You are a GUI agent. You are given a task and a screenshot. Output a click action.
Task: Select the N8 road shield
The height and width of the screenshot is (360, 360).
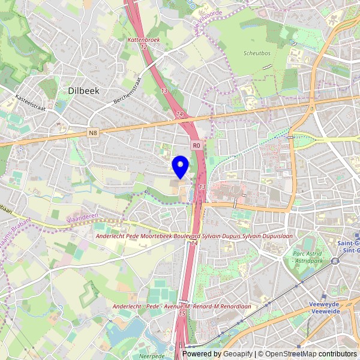click(92, 133)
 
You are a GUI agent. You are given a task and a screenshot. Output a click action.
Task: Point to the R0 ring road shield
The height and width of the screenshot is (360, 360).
click(196, 145)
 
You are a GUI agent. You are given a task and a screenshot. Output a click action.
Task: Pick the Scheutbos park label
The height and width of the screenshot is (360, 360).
click(257, 53)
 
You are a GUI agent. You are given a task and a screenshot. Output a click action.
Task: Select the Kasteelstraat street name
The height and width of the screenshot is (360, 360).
click(30, 97)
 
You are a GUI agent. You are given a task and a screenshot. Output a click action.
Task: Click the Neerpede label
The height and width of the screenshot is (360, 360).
click(152, 356)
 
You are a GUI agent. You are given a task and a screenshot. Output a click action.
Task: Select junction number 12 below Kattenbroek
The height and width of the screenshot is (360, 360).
click(144, 46)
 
